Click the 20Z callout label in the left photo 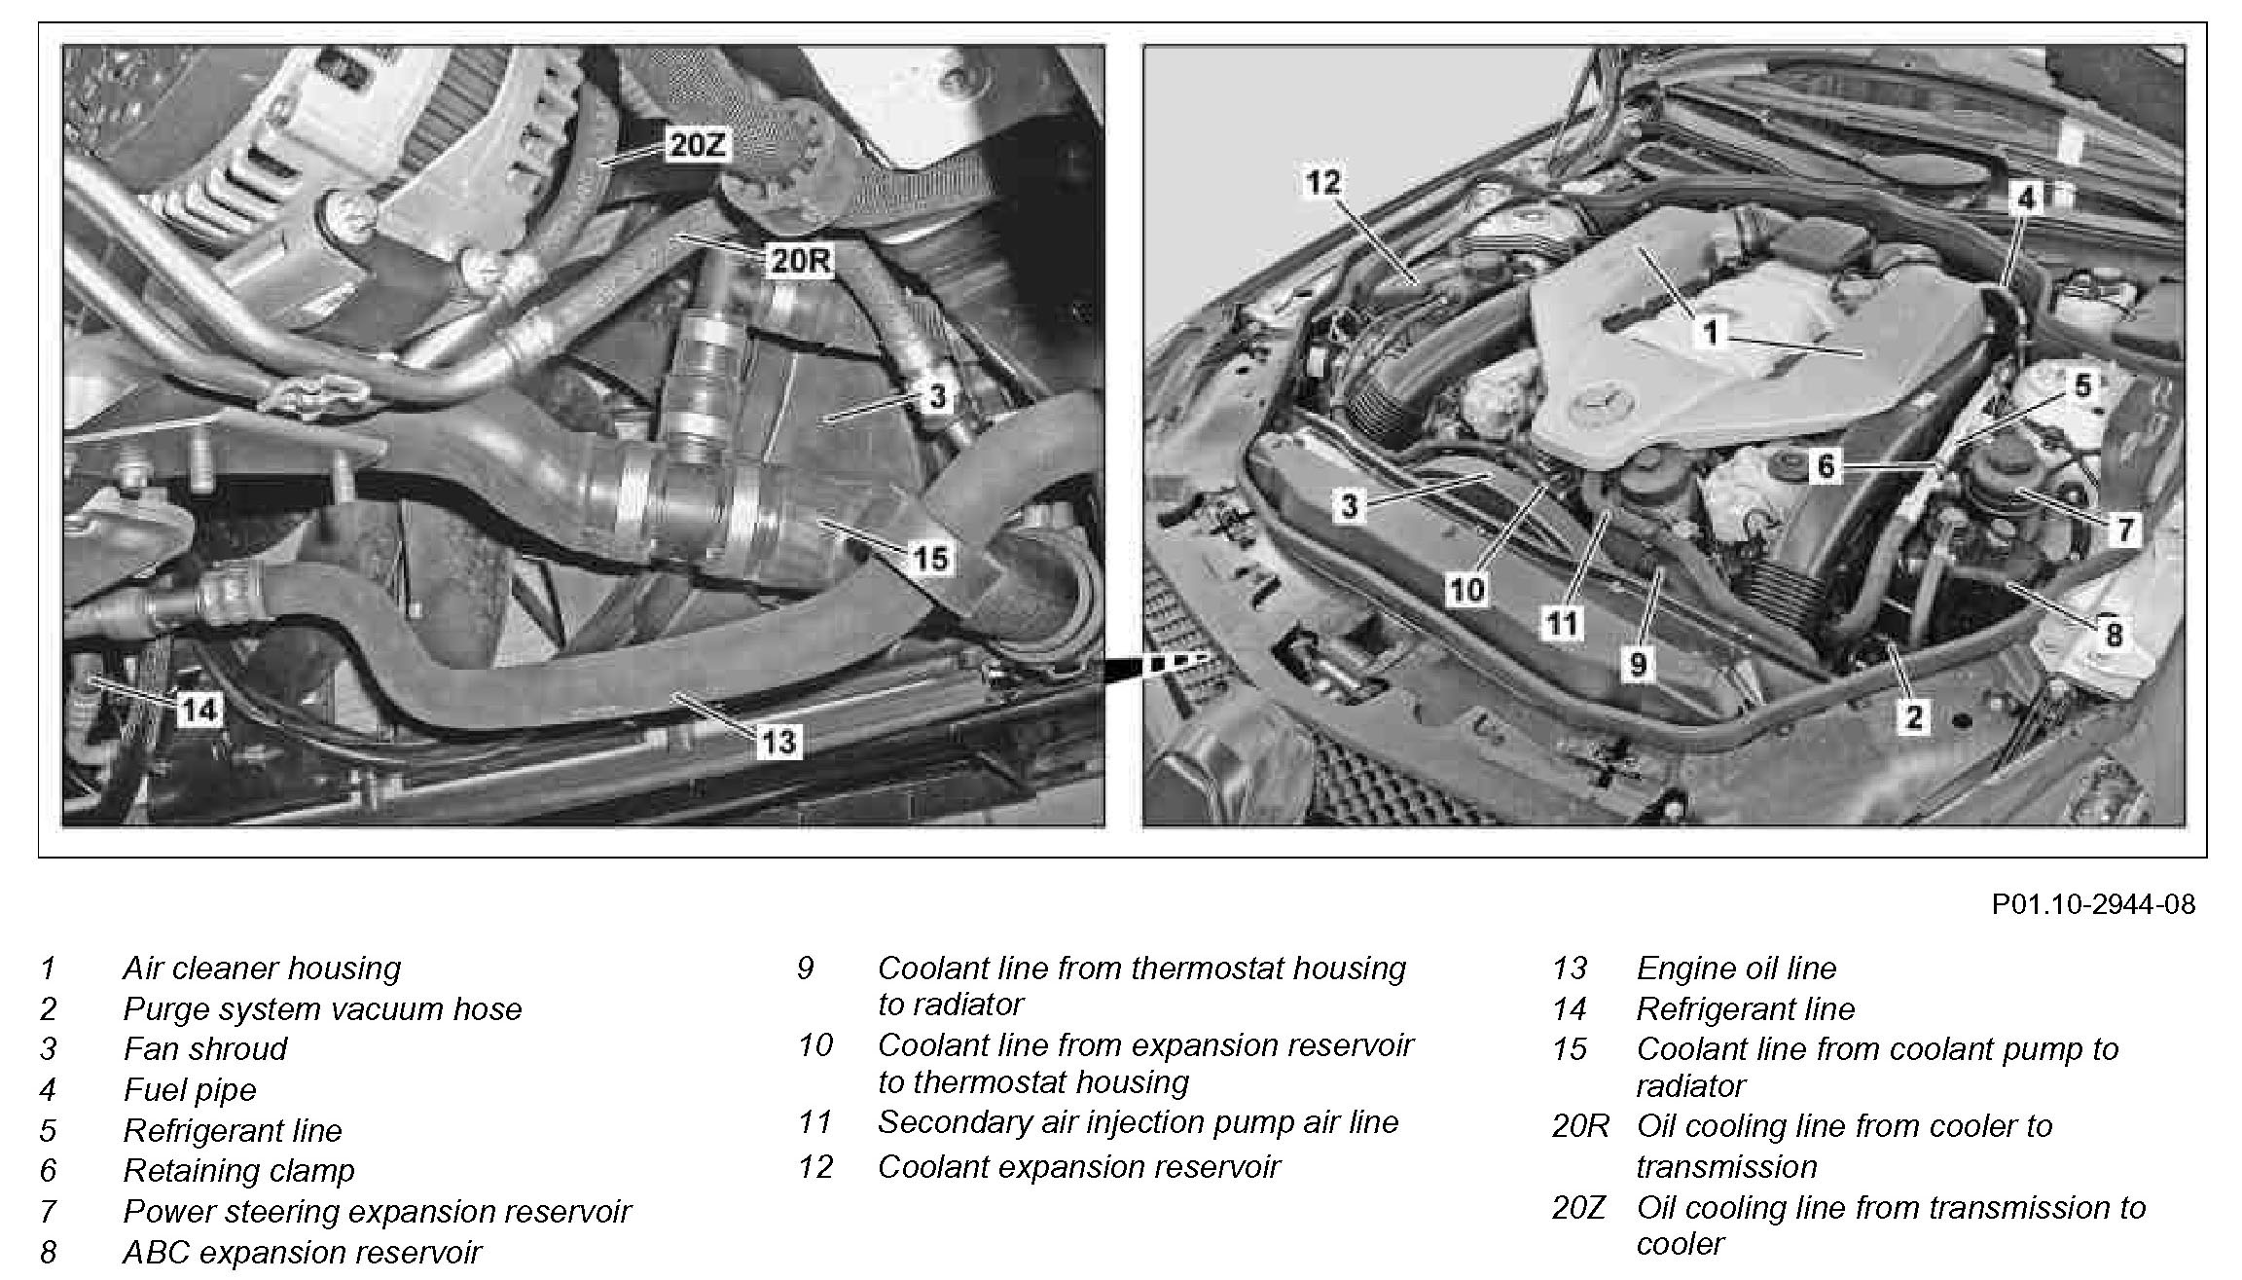point(696,146)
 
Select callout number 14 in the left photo point(199,710)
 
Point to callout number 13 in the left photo point(778,743)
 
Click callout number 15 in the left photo point(930,559)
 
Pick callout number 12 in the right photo point(1322,182)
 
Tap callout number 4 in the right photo point(2025,200)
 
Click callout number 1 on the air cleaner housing point(1710,334)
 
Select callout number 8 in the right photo point(2113,635)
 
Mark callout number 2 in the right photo point(1913,718)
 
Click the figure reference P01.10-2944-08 point(2093,904)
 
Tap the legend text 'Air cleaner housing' point(262,968)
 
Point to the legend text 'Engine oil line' point(1736,968)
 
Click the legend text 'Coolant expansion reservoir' point(1078,1166)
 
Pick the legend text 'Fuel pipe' point(190,1089)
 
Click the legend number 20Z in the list point(1577,1208)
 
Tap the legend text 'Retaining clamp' point(238,1170)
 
